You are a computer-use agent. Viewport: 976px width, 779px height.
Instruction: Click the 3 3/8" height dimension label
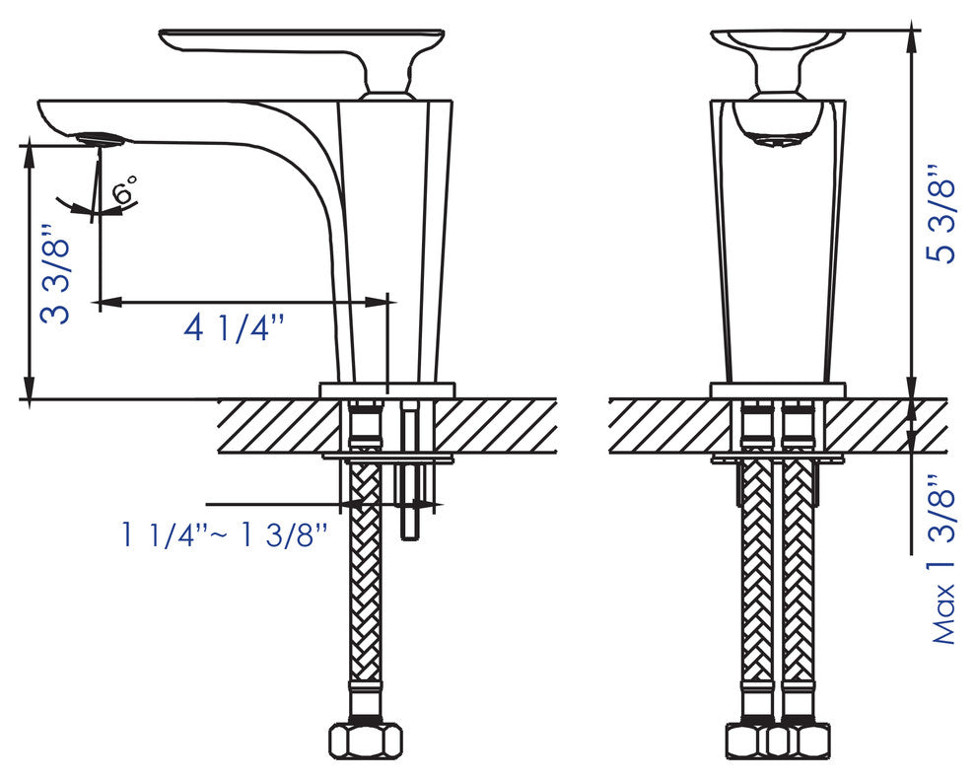pyautogui.click(x=55, y=273)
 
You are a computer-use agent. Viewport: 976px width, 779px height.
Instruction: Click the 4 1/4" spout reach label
pyautogui.click(x=234, y=327)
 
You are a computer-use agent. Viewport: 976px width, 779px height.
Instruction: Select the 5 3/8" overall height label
pyautogui.click(x=941, y=214)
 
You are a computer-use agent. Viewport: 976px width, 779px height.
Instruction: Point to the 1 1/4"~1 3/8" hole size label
pyautogui.click(x=224, y=534)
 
